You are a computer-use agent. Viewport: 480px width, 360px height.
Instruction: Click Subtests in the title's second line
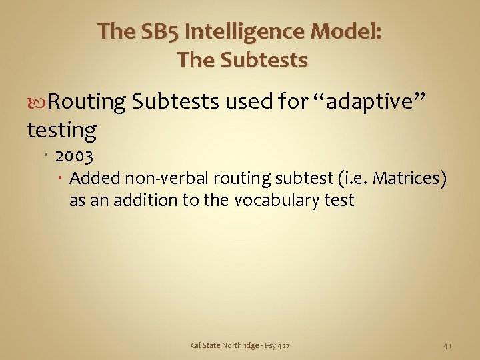click(x=265, y=60)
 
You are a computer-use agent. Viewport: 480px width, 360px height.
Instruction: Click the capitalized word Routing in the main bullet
click(x=87, y=102)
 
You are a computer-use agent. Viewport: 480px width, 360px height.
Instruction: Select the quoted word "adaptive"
click(x=372, y=102)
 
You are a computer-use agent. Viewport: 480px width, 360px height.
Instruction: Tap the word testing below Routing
click(x=61, y=130)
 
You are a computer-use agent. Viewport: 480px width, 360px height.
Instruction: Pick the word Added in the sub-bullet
click(x=91, y=179)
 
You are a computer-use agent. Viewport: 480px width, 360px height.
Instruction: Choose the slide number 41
click(x=448, y=345)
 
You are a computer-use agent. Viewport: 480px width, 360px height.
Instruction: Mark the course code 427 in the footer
click(x=283, y=345)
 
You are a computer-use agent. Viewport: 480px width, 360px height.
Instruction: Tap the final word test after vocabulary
click(x=337, y=200)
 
